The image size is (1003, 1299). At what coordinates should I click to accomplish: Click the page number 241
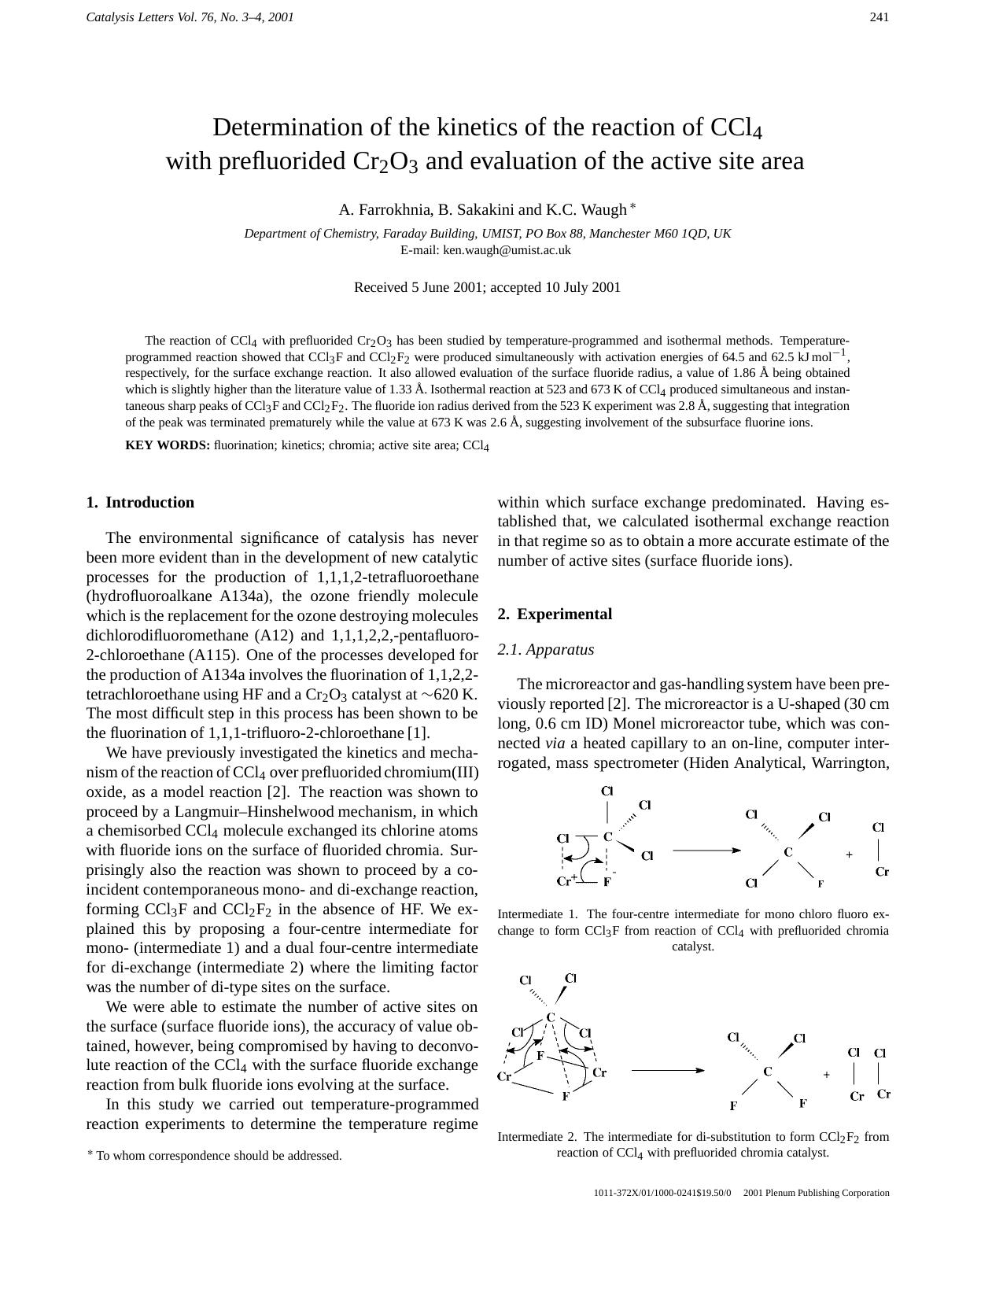point(879,17)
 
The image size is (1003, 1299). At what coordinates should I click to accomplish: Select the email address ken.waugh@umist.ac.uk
point(507,250)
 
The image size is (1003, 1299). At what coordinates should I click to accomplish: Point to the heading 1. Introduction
point(140,503)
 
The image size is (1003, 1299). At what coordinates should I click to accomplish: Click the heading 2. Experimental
point(555,614)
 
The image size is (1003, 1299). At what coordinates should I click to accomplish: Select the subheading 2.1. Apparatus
point(546,650)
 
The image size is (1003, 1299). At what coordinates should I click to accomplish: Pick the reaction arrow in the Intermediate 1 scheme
point(706,851)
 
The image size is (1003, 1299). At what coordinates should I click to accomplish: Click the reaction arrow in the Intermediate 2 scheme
point(667,1070)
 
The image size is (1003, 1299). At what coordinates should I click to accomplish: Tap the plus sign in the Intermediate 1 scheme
point(849,854)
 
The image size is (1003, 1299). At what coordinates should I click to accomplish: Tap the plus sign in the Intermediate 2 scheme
point(826,1075)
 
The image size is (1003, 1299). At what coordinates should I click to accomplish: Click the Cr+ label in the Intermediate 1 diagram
point(566,880)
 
